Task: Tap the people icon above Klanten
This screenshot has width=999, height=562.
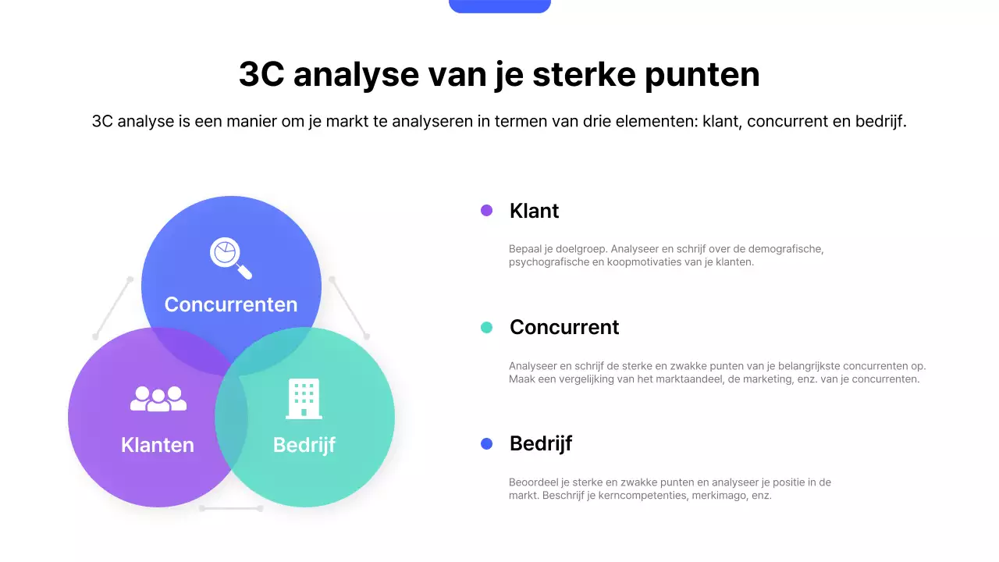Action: click(x=158, y=399)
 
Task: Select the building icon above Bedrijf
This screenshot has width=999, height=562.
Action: click(x=304, y=399)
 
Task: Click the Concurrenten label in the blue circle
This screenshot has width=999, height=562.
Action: click(x=231, y=304)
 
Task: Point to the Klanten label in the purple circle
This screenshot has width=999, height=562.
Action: click(x=158, y=445)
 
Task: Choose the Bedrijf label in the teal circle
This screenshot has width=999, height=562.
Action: click(x=304, y=445)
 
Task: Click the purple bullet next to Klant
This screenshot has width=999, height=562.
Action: click(x=487, y=211)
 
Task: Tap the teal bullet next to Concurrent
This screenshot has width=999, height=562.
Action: click(x=487, y=328)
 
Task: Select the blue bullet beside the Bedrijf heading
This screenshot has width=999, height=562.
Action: click(x=487, y=444)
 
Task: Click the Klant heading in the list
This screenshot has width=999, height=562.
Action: click(x=534, y=211)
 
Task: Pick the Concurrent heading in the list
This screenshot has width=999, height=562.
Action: click(x=564, y=327)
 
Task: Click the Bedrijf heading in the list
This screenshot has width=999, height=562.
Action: click(x=541, y=443)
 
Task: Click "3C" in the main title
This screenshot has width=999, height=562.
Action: click(x=261, y=75)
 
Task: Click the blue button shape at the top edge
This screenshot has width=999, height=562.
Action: click(x=499, y=6)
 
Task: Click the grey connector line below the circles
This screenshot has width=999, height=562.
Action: click(x=231, y=508)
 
